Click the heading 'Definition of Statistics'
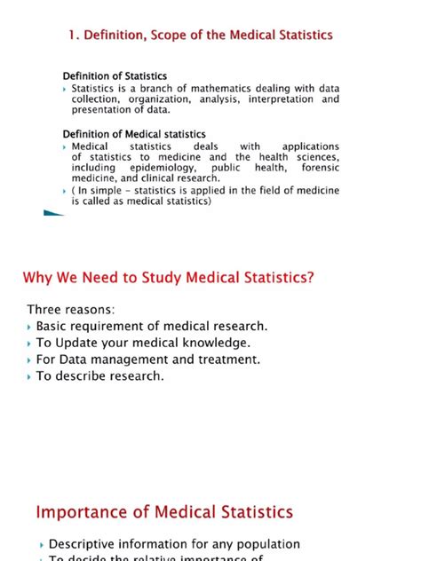[114, 76]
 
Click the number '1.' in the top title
[75, 35]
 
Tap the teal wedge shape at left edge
[52, 214]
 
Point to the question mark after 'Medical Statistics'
[310, 278]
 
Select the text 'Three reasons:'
[71, 309]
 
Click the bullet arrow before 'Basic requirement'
[30, 327]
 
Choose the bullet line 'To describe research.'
[99, 375]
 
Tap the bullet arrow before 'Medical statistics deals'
[65, 146]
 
